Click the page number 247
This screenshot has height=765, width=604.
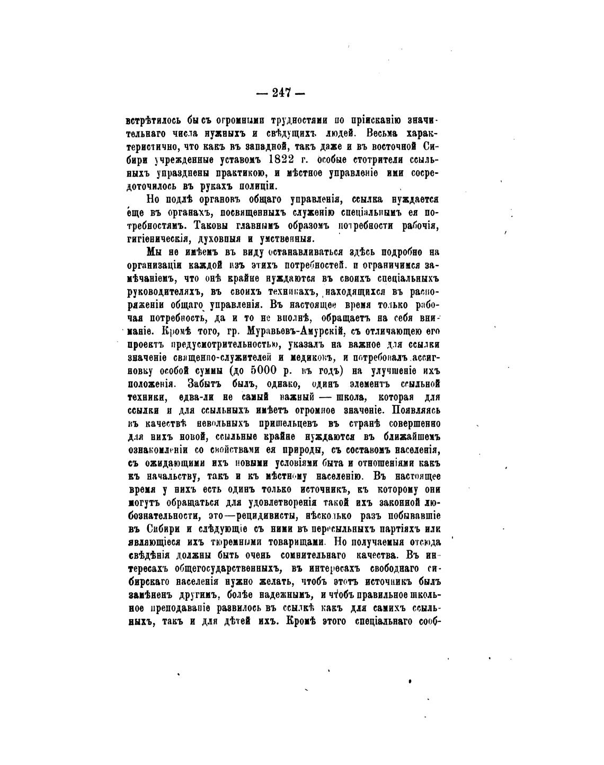281,93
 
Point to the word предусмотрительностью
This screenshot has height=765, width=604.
217,344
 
